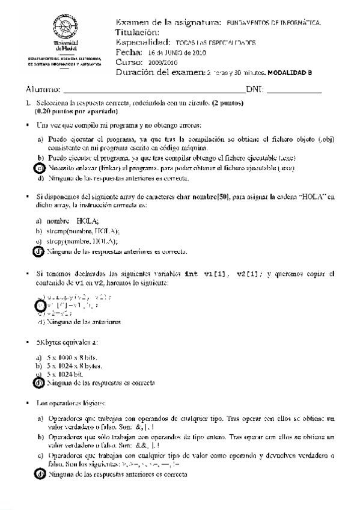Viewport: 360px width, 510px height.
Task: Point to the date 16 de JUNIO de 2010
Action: point(177,53)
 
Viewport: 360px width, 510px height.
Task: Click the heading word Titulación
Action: point(137,32)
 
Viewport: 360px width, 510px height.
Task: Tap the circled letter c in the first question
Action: point(40,168)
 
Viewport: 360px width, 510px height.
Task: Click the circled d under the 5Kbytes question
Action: point(40,382)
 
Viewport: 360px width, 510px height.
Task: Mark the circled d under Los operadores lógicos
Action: point(40,475)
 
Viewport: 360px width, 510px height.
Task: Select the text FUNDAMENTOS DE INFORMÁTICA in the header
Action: point(273,23)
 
